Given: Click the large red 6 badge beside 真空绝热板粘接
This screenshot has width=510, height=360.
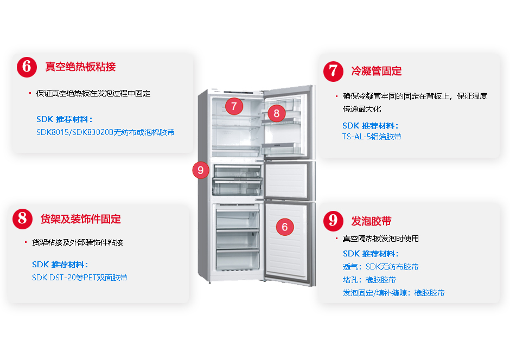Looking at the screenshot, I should click(27, 67).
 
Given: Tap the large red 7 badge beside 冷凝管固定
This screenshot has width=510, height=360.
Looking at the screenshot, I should click(333, 71).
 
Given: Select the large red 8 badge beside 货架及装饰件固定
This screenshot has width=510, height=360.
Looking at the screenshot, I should click(23, 219).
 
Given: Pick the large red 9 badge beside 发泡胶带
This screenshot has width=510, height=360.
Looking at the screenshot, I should click(333, 221).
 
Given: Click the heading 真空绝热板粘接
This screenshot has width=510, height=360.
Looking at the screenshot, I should click(80, 67).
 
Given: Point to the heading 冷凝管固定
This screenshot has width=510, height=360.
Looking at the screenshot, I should click(376, 71).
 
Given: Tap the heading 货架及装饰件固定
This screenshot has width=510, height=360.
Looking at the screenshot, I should click(81, 219).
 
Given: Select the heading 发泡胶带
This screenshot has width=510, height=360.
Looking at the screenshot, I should click(371, 221).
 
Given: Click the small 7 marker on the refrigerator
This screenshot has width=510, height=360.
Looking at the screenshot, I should click(233, 106).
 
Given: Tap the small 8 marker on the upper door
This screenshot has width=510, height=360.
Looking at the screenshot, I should click(277, 113).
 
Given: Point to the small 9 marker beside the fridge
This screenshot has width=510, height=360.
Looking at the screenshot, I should click(201, 170).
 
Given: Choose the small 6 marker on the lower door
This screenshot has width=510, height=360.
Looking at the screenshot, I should click(285, 227).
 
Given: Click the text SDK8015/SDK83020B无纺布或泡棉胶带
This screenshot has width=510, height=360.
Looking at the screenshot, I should click(105, 132).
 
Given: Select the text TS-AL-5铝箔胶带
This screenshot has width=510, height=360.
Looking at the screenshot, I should click(372, 137).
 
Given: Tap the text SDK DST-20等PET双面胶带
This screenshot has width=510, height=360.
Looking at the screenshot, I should click(80, 278).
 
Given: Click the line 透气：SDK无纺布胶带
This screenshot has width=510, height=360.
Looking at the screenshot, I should click(380, 267).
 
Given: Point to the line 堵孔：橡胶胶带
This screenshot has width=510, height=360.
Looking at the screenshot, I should click(369, 280).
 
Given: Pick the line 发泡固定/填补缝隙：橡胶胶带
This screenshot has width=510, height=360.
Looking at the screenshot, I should click(393, 293).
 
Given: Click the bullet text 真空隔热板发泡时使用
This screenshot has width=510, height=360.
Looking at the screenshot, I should click(380, 239).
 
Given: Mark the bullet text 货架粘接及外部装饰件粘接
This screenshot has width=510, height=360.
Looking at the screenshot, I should click(78, 242).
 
